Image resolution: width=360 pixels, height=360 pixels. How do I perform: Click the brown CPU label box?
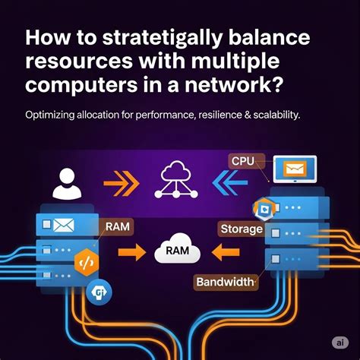tap(245, 160)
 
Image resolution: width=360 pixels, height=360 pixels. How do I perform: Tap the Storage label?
tap(240, 228)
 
